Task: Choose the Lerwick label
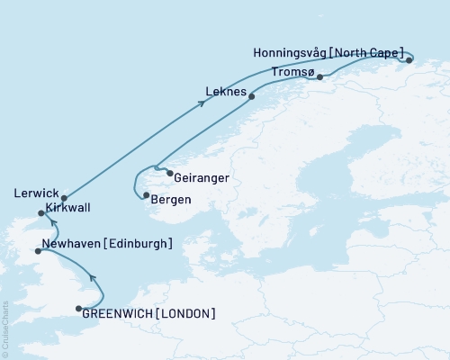tap(37, 193)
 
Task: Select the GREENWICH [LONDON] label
tap(148, 313)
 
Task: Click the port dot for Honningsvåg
tap(409, 60)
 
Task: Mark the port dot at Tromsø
tap(319, 78)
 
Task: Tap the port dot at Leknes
tap(251, 96)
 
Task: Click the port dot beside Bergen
tap(145, 195)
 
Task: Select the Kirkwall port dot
tap(40, 213)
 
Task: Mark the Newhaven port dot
tap(37, 251)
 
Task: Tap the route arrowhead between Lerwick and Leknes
tap(201, 103)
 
